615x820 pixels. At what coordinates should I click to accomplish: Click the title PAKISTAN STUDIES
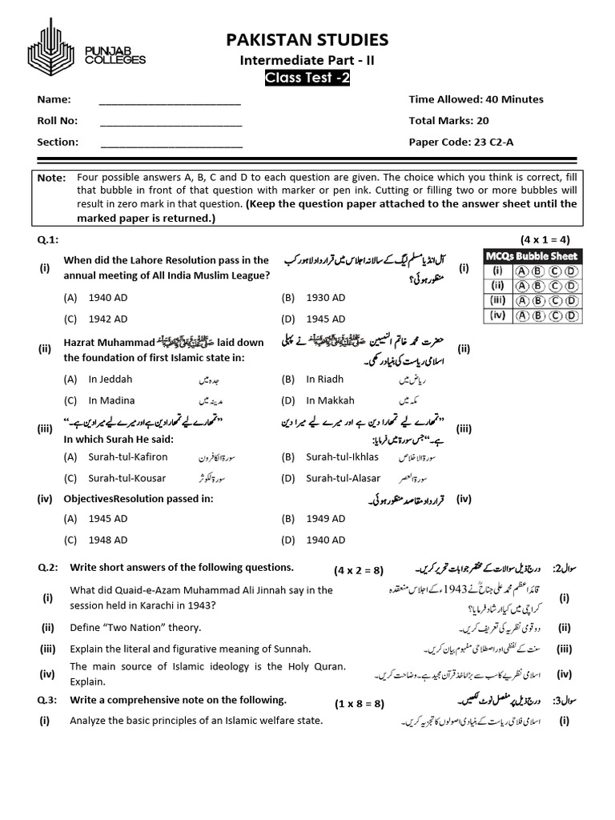[307, 39]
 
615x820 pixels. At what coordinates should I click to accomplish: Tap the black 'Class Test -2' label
[307, 78]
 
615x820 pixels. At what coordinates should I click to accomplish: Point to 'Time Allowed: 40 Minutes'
[476, 99]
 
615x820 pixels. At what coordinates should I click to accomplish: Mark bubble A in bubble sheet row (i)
[521, 271]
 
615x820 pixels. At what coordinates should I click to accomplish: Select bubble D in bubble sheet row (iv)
[569, 316]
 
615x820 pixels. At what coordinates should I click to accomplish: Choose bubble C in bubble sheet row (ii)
[553, 285]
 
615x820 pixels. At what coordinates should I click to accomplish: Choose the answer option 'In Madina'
[111, 400]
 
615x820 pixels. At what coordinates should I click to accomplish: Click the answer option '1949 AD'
[325, 519]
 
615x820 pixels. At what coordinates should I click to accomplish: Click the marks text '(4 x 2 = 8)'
[360, 570]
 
